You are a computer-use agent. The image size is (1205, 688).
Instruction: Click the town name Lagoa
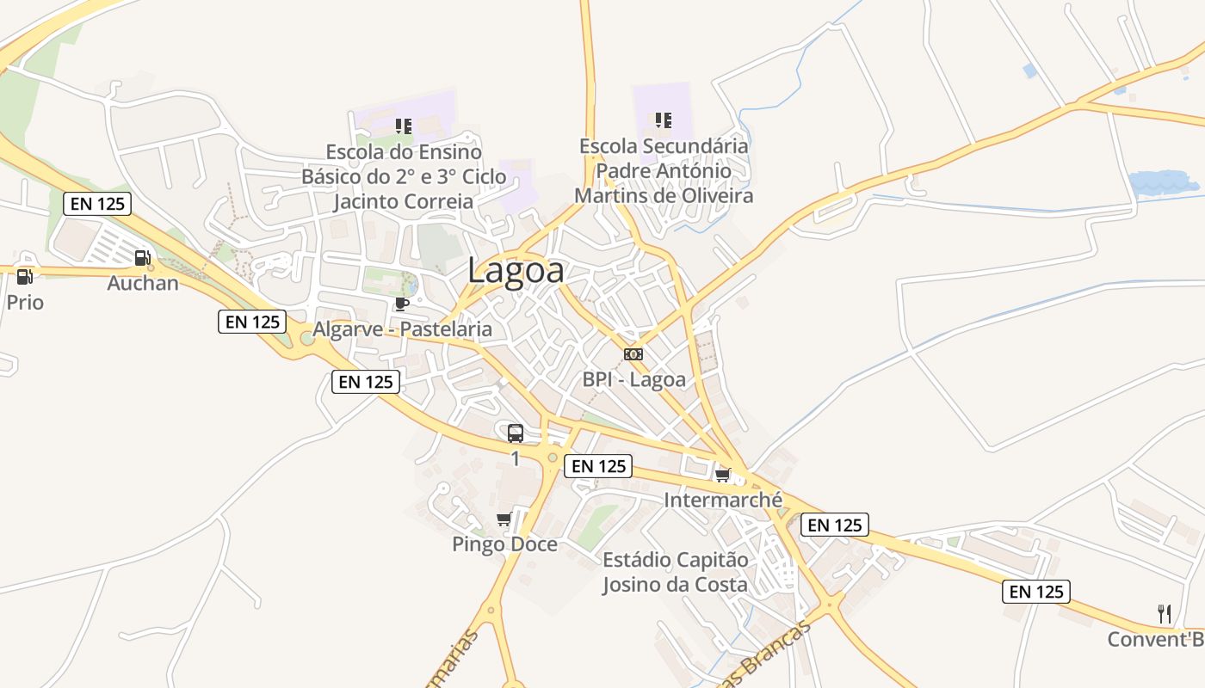click(x=516, y=271)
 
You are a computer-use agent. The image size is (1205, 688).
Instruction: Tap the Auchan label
click(x=143, y=283)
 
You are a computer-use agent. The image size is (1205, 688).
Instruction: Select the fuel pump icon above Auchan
click(x=143, y=257)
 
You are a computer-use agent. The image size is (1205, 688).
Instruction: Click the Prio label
click(x=25, y=303)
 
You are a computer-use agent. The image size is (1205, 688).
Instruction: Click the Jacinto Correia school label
click(x=404, y=177)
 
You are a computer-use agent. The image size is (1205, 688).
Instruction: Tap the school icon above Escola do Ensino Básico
click(x=404, y=126)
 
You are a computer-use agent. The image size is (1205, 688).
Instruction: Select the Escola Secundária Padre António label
click(x=664, y=170)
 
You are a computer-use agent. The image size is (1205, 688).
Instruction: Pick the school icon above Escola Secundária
click(x=663, y=120)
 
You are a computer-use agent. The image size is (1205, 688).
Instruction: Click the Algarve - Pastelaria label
click(x=402, y=329)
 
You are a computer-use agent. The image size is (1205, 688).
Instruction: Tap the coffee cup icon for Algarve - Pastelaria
click(x=401, y=304)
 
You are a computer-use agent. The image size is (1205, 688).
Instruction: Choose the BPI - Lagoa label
click(x=634, y=379)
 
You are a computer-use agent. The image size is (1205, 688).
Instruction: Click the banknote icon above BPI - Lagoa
click(x=633, y=354)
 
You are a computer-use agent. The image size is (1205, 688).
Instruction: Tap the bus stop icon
click(x=516, y=433)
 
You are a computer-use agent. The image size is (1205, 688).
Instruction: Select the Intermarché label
click(x=723, y=500)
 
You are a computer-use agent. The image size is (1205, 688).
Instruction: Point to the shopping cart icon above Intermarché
click(x=723, y=475)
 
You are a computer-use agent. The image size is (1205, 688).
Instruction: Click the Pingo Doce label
click(x=504, y=544)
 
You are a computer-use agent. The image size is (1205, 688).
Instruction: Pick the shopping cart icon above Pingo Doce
click(x=504, y=519)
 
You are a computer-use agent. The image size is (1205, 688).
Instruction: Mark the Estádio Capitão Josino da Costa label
click(x=676, y=573)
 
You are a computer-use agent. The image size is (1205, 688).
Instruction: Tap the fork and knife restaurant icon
click(x=1165, y=614)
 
